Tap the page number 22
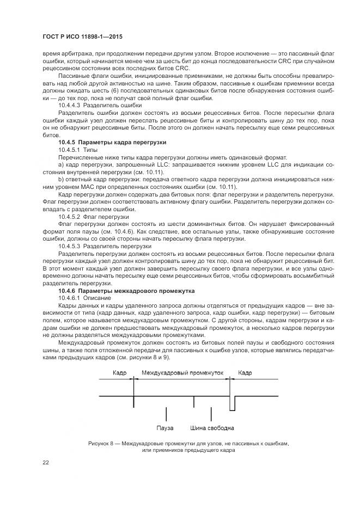tap(46, 463)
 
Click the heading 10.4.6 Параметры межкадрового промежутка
tap(114, 291)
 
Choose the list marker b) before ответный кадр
tap(60, 179)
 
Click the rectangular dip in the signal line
tap(233, 403)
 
